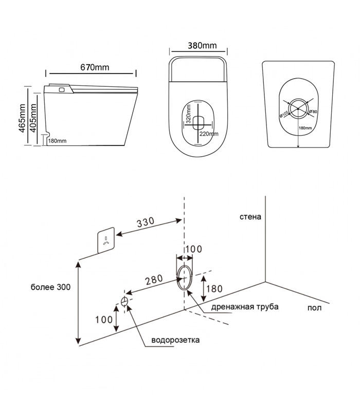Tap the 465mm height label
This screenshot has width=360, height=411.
(x=22, y=119)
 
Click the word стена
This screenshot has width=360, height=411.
(x=250, y=216)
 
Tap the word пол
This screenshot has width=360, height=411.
(x=315, y=308)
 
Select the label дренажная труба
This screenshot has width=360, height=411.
(x=245, y=307)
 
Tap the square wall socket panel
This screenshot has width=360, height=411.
(x=106, y=240)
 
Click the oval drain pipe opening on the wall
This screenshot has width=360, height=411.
(x=184, y=277)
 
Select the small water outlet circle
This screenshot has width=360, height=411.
(x=124, y=301)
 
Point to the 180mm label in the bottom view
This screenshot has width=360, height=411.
(x=305, y=128)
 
